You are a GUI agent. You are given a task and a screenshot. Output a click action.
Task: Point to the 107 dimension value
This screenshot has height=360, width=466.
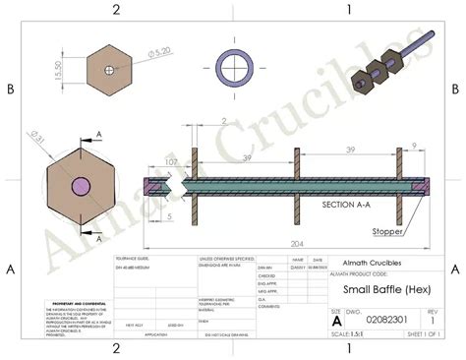point(171,162)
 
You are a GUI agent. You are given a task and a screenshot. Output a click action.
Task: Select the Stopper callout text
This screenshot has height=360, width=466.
point(391,232)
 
